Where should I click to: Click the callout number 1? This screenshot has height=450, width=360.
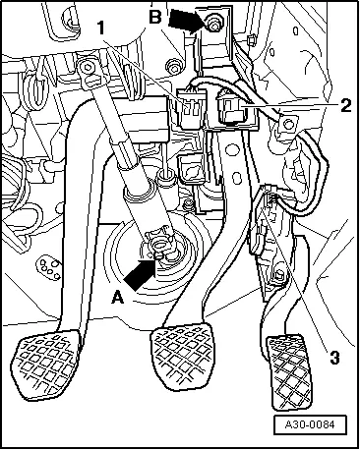[x=101, y=28]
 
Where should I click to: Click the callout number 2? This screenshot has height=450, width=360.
[x=345, y=105]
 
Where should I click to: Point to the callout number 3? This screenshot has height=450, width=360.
[x=334, y=358]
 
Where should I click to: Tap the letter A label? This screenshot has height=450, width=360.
[x=118, y=298]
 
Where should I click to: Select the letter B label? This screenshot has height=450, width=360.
[x=155, y=17]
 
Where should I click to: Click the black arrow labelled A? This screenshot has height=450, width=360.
[x=140, y=274]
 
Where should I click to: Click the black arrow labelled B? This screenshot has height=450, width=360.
[x=186, y=21]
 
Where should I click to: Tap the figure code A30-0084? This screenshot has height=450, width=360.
[x=310, y=424]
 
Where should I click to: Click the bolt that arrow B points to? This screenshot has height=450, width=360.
[x=212, y=25]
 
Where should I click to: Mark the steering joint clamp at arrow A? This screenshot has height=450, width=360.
[x=160, y=247]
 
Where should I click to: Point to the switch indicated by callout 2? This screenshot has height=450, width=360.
[x=233, y=109]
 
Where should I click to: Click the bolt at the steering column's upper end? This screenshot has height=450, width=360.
[x=88, y=67]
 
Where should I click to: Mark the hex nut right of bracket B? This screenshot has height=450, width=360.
[x=252, y=40]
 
